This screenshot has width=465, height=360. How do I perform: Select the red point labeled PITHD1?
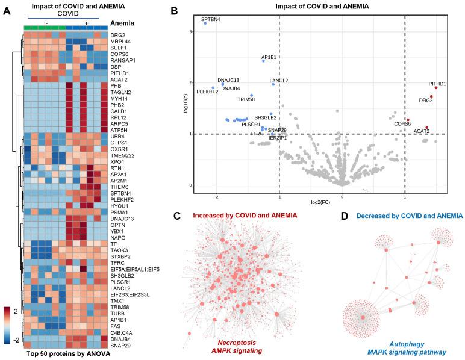tap(435, 88)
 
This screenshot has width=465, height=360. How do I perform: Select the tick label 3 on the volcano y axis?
tap(191, 31)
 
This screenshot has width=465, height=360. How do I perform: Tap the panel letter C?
tap(193, 216)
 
